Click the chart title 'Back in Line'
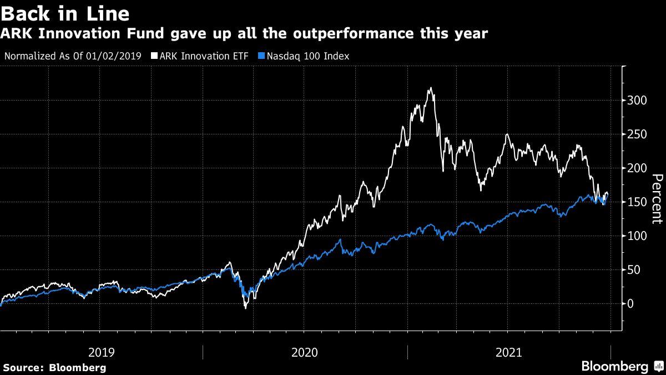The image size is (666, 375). click(65, 13)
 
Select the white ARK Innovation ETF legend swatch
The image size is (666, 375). click(154, 56)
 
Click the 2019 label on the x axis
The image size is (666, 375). click(102, 352)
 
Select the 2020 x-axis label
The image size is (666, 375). click(305, 352)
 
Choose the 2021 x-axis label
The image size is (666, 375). click(508, 352)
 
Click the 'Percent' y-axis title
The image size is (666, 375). click(657, 199)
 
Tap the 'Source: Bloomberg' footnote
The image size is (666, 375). click(54, 367)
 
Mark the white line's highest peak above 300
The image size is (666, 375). click(430, 88)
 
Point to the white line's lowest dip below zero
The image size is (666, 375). click(245, 308)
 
